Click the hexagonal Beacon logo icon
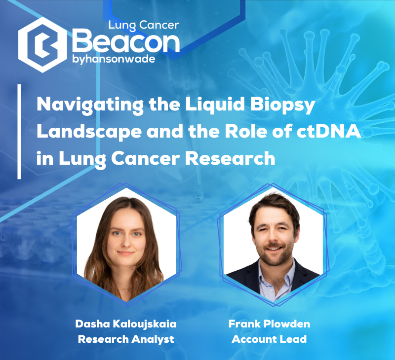[42, 45]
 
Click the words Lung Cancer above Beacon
[144, 25]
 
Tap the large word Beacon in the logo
[126, 41]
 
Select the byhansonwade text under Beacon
[114, 59]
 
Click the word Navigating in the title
[90, 105]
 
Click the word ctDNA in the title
[328, 131]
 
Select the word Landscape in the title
[89, 132]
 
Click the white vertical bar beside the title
[19, 132]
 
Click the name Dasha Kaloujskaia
[126, 324]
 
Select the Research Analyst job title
[126, 339]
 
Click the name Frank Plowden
[269, 324]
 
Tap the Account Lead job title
[269, 339]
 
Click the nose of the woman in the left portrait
[126, 242]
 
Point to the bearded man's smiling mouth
[274, 249]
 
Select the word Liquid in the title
[215, 105]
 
